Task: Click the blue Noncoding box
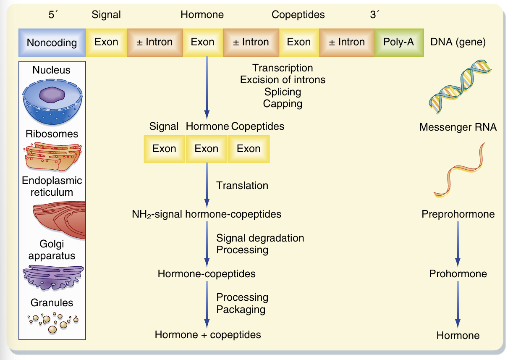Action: pyautogui.click(x=52, y=42)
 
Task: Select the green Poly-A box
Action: pyautogui.click(x=399, y=42)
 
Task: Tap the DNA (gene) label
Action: pyautogui.click(x=458, y=42)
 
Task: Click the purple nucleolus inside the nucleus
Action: pyautogui.click(x=52, y=95)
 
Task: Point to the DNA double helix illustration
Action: pyautogui.click(x=460, y=87)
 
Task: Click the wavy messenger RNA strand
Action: pyautogui.click(x=459, y=170)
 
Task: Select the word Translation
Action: pyautogui.click(x=242, y=185)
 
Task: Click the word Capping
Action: pyautogui.click(x=283, y=104)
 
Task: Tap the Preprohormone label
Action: pyautogui.click(x=458, y=214)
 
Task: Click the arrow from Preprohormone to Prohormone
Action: pyautogui.click(x=458, y=244)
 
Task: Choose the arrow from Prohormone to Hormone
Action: pyautogui.click(x=458, y=305)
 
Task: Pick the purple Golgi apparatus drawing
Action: pyautogui.click(x=53, y=277)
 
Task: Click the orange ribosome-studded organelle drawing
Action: pyautogui.click(x=53, y=157)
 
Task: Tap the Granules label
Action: pyautogui.click(x=52, y=303)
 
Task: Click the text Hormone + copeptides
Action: pyautogui.click(x=208, y=335)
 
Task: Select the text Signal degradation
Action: pyautogui.click(x=260, y=238)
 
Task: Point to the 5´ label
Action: pyautogui.click(x=53, y=14)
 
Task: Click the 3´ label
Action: pyautogui.click(x=374, y=14)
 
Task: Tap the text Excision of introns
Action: pyautogui.click(x=283, y=80)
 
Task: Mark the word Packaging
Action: pyautogui.click(x=241, y=309)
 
